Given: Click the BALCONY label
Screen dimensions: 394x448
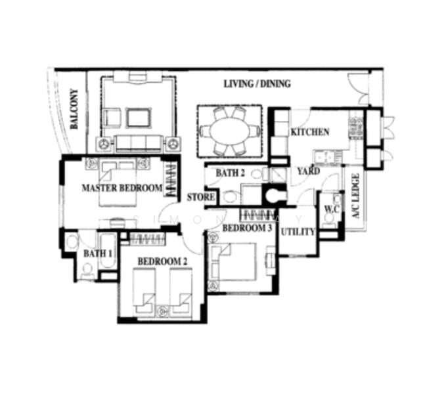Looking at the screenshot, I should pos(75,109).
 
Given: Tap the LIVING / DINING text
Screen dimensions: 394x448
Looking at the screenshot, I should pos(257,84).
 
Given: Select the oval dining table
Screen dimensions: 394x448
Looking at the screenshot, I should pos(229,131).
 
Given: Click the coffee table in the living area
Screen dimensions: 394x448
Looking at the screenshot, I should pos(138,118).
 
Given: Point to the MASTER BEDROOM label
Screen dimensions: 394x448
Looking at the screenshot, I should pos(122,188).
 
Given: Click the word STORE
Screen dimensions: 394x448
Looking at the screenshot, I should pos(200,197).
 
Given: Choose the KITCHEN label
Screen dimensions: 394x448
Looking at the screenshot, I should pos(309,132).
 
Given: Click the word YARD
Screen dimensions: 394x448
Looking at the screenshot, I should pos(308,171).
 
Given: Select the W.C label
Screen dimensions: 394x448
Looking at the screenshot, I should pos(330,209).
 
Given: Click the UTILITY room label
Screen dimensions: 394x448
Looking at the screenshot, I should pos(298,232).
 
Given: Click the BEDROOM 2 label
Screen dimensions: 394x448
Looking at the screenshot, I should pos(162,261).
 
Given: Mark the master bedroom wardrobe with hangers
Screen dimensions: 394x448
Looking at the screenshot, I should pos(170,181).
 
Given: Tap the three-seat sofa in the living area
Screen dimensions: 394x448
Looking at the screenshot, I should pos(138,142).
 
